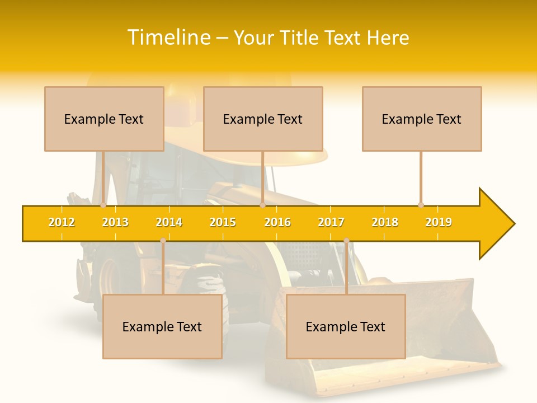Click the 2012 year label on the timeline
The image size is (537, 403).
(x=62, y=222)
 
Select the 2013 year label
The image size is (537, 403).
(x=115, y=222)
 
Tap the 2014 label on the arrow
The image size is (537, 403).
(x=169, y=222)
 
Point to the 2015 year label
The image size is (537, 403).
(x=223, y=222)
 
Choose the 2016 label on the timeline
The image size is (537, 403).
(x=277, y=222)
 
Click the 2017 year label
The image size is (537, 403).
(x=331, y=222)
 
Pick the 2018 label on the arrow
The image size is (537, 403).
(x=385, y=222)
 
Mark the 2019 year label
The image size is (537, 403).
(x=439, y=222)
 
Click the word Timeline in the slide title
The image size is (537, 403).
(x=167, y=38)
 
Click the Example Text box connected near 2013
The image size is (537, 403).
(x=104, y=119)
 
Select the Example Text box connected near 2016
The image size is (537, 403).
(x=263, y=119)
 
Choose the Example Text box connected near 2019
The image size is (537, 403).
(x=422, y=119)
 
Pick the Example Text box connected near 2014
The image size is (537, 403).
(x=162, y=326)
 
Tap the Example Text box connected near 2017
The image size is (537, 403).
(x=346, y=326)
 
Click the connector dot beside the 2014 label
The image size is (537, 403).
(x=163, y=241)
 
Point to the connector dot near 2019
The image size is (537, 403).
(x=421, y=205)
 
